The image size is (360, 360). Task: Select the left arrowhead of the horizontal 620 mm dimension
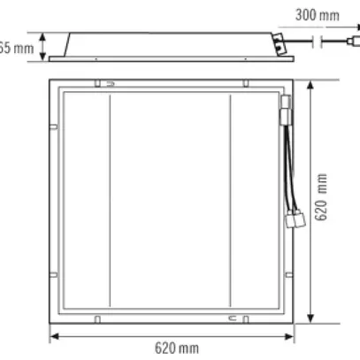[x=52, y=336]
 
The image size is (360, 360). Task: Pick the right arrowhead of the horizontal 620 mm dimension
[x=290, y=336]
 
